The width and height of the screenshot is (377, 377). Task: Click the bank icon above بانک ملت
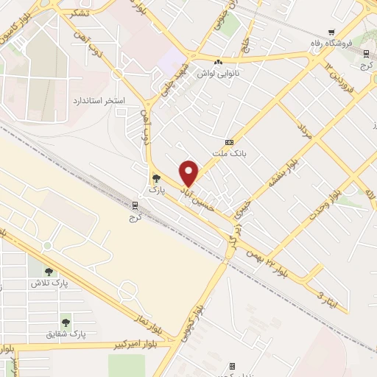pos(230,141)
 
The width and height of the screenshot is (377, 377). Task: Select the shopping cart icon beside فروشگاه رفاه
pos(331,32)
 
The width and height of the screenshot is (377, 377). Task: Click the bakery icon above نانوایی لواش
pos(219,61)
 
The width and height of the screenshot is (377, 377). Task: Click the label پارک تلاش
pos(49,283)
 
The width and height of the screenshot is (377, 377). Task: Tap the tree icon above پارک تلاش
pos(49,270)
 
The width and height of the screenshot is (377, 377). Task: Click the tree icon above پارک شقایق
pos(66,322)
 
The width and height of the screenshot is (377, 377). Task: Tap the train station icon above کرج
pos(134,206)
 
